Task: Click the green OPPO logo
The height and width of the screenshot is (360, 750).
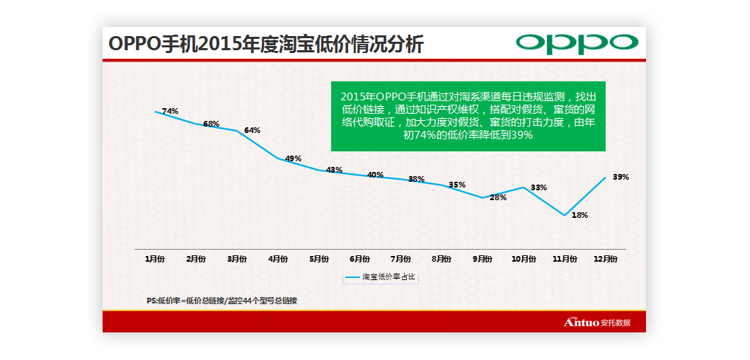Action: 577,43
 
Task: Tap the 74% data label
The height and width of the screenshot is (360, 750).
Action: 170,111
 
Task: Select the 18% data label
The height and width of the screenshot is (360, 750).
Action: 579,215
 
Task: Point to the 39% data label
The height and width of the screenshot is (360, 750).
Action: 621,177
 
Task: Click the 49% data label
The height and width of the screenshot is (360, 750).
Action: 293,158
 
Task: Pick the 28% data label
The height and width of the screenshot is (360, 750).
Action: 498,197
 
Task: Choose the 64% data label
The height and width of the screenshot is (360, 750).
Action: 253,130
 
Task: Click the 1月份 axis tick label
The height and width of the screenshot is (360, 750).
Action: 156,259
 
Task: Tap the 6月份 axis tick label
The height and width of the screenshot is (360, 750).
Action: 359,259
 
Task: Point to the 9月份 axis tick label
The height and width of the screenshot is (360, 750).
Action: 483,259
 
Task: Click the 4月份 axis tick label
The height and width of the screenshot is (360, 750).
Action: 278,259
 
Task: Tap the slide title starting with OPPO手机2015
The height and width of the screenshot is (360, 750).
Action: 266,44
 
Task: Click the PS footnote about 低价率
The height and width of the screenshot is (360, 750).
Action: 221,301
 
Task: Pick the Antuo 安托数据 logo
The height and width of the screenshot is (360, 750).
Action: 596,323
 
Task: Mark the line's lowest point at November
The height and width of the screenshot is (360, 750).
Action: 564,215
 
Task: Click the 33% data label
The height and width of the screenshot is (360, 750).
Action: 538,187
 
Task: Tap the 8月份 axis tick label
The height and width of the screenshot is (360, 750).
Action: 442,259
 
